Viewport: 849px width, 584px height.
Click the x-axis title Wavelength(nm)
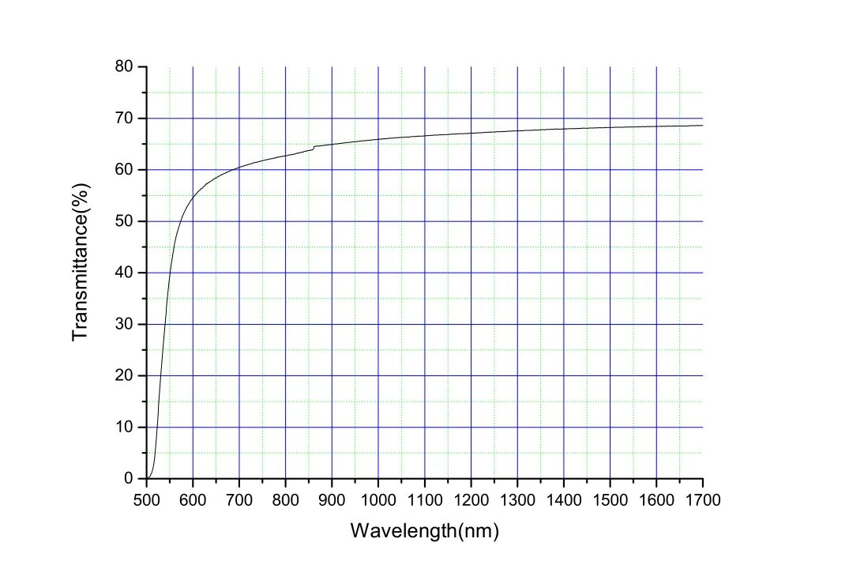pos(425,530)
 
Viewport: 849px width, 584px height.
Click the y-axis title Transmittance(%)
pos(81,262)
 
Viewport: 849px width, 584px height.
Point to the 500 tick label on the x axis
pos(146,499)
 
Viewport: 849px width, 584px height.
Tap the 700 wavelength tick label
pos(239,499)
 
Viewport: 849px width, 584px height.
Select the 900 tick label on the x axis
pos(332,499)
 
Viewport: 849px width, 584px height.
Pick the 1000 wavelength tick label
pos(378,499)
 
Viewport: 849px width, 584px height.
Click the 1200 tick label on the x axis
pos(471,499)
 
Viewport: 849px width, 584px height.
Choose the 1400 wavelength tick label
pos(564,499)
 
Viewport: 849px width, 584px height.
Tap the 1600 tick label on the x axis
pos(656,499)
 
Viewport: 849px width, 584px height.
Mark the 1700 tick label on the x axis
pos(703,499)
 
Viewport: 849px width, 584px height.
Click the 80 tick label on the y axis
pos(125,67)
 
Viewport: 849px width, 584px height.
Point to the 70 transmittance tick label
pos(125,119)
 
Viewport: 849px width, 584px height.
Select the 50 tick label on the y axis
pos(125,221)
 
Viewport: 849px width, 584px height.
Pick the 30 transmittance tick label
pos(125,325)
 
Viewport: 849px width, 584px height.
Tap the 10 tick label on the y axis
pos(125,428)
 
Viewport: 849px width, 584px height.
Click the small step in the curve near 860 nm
pos(314,148)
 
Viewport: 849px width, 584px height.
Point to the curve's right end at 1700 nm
pos(702,126)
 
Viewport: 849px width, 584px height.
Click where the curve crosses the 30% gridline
pos(164,324)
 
